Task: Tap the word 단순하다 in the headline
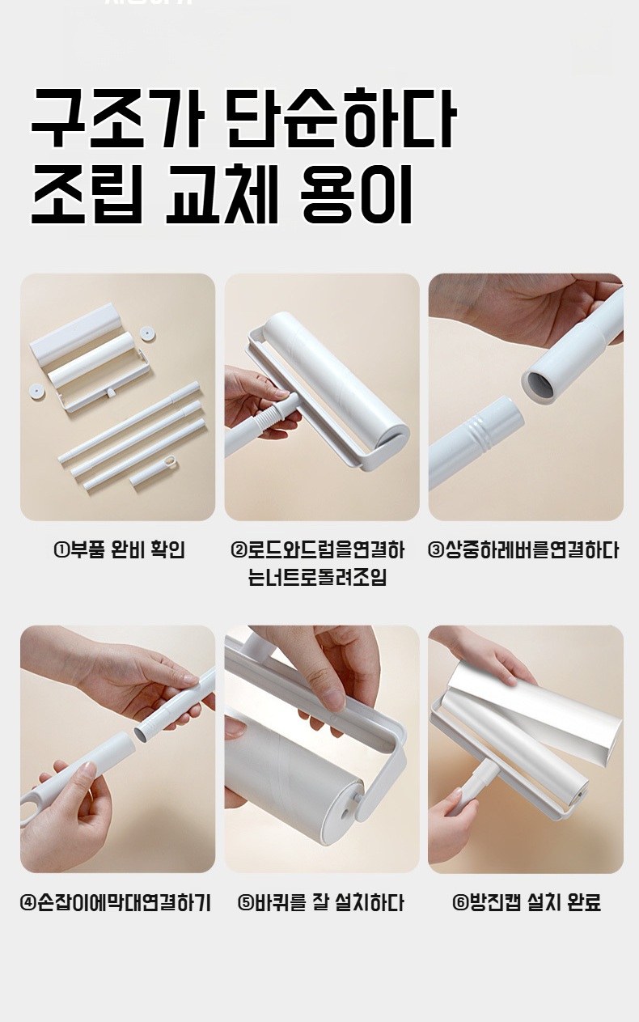pos(341,118)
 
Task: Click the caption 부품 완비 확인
pos(127,550)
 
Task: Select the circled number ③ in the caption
pos(436,549)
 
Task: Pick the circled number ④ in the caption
pos(28,903)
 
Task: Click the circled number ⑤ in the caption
pos(246,903)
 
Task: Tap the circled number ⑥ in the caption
pos(460,903)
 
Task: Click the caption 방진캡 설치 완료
pos(535,902)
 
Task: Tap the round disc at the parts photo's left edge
pos(36,391)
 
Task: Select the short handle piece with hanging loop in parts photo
pos(153,470)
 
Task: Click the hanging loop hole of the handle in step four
pos(28,809)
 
